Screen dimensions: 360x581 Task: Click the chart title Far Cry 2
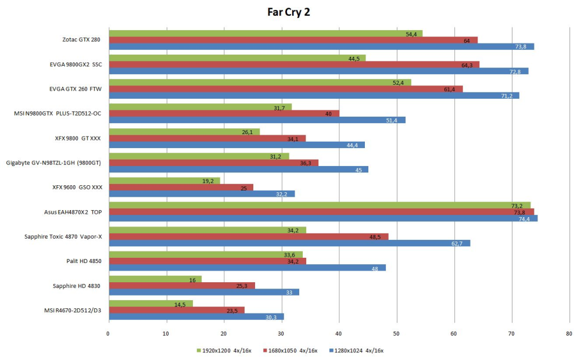pyautogui.click(x=289, y=12)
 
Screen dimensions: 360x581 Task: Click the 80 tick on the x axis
pyautogui.click(x=569, y=334)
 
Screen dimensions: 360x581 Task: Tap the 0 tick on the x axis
pyautogui.click(x=109, y=334)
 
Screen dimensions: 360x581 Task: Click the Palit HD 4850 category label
pyautogui.click(x=84, y=261)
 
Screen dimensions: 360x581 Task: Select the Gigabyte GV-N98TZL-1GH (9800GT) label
pyautogui.click(x=53, y=163)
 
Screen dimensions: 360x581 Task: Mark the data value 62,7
pyautogui.click(x=457, y=243)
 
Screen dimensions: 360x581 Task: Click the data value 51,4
pyautogui.click(x=392, y=120)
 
